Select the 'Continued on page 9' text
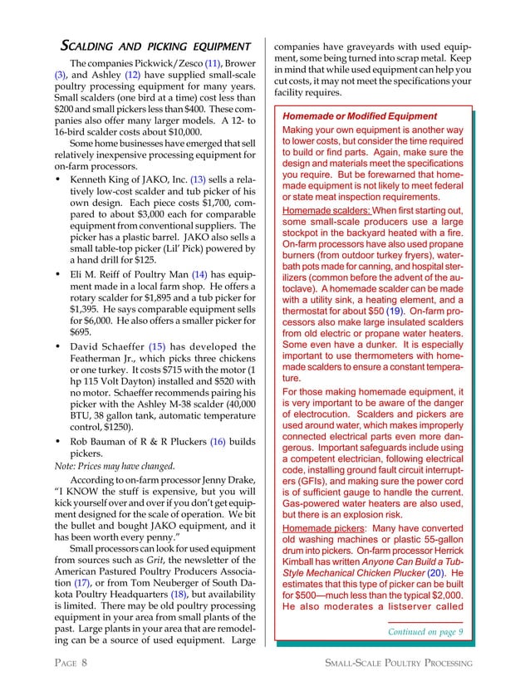pos(424,632)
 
